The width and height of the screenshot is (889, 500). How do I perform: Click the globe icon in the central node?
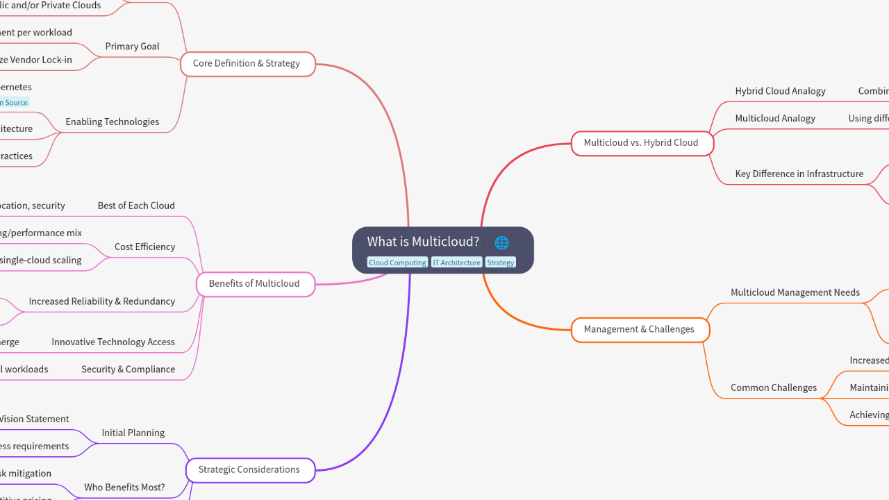click(x=501, y=242)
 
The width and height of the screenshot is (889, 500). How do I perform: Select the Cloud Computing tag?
click(x=397, y=262)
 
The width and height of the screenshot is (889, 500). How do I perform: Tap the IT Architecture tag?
click(x=456, y=262)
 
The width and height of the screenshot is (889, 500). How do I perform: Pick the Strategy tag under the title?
click(x=500, y=262)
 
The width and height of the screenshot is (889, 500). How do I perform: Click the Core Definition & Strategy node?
click(x=247, y=63)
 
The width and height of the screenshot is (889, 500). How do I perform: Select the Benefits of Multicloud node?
click(x=254, y=283)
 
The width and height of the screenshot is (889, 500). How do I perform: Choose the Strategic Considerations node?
click(x=249, y=469)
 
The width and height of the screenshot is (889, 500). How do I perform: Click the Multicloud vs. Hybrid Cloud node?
click(x=641, y=143)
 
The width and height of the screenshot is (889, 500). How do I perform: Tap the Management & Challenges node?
click(x=639, y=329)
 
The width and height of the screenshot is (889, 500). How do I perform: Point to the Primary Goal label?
click(x=132, y=47)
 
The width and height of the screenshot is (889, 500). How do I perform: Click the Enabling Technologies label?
click(x=112, y=122)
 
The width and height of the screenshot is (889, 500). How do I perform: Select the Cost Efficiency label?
click(x=144, y=247)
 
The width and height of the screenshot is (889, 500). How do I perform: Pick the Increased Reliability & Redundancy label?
click(x=101, y=301)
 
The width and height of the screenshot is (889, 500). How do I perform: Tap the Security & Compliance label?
click(x=128, y=369)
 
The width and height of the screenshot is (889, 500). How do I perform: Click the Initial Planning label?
click(x=133, y=433)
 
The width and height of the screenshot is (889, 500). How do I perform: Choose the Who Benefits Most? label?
click(x=124, y=487)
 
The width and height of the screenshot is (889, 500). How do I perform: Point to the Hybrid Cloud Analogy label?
click(x=780, y=91)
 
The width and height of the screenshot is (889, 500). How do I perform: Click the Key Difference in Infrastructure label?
click(x=799, y=174)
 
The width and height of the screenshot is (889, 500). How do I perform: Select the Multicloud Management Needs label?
click(x=795, y=292)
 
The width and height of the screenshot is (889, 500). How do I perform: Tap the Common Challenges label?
click(x=773, y=387)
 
